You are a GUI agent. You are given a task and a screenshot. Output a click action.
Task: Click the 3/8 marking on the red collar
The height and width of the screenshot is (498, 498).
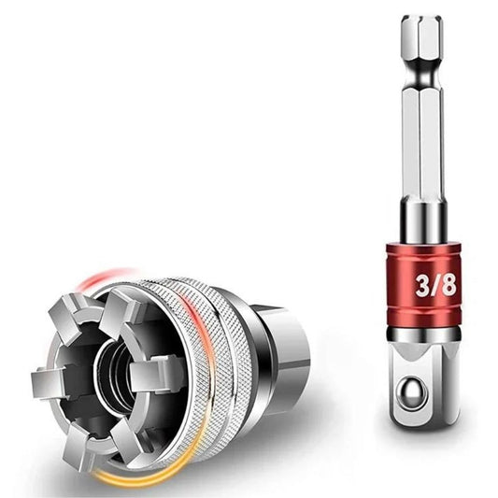[x=435, y=285]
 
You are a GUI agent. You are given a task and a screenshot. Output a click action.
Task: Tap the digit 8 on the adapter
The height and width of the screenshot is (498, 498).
[x=448, y=285]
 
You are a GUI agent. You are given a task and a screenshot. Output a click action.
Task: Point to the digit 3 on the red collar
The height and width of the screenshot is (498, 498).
[x=423, y=285]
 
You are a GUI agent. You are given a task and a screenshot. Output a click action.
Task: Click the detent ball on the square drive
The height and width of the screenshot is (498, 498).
[x=413, y=391]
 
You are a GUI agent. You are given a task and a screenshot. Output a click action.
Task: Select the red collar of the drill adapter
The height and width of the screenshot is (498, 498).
[x=423, y=285]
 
